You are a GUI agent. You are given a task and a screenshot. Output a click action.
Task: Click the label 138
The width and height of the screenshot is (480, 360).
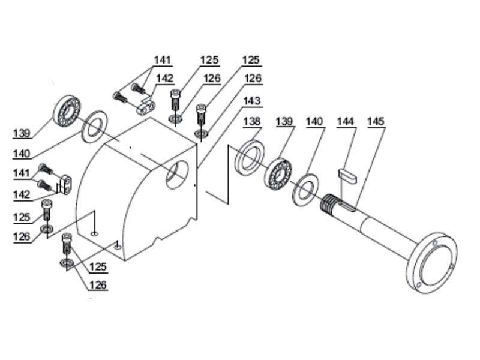click(x=252, y=121)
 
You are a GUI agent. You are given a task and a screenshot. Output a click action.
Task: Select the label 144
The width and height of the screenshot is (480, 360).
click(x=346, y=121)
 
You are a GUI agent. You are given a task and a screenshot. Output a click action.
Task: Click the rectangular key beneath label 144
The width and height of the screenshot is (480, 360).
click(x=347, y=175)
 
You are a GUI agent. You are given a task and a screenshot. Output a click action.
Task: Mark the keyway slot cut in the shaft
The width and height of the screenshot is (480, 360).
click(x=349, y=208)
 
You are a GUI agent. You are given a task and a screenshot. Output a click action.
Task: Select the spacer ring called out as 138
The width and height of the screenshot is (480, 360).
click(x=249, y=157)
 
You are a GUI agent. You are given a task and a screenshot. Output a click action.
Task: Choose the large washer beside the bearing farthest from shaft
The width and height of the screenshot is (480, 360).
click(x=92, y=125)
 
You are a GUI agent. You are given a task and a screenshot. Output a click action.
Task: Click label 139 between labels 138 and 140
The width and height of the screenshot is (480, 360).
click(x=284, y=121)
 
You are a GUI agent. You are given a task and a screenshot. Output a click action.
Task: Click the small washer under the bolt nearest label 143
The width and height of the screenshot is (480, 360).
click(x=201, y=131)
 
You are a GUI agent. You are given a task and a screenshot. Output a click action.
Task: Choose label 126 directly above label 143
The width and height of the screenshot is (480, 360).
click(x=253, y=78)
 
